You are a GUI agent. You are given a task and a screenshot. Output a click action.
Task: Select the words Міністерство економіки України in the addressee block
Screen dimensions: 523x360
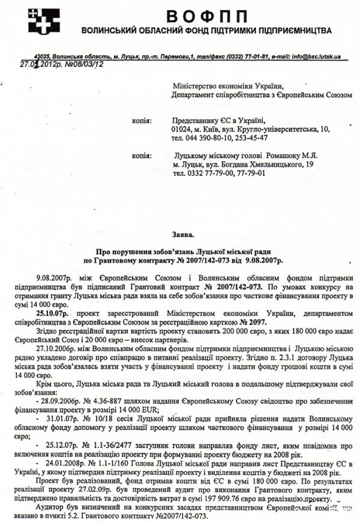pyautogui.click(x=226, y=87)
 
